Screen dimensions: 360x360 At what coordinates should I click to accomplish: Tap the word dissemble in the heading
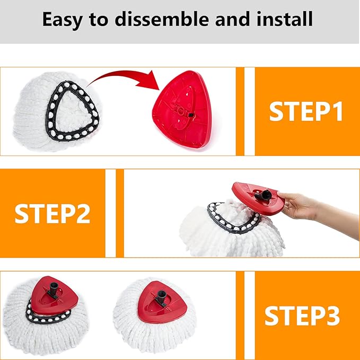tap(162, 20)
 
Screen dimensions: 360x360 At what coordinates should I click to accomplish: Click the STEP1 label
tap(306, 111)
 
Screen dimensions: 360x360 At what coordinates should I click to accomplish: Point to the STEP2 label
tap(52, 213)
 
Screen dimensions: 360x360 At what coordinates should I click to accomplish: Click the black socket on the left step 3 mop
tap(56, 289)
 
